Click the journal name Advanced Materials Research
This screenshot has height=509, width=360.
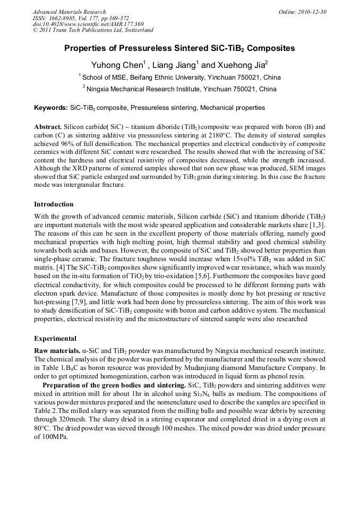point(69,12)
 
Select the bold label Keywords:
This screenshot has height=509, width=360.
point(51,108)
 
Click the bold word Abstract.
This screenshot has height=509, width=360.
point(48,128)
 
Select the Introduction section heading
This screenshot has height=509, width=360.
point(54,204)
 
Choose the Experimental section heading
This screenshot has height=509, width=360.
point(55,338)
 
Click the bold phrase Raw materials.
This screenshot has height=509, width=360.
point(57,351)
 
